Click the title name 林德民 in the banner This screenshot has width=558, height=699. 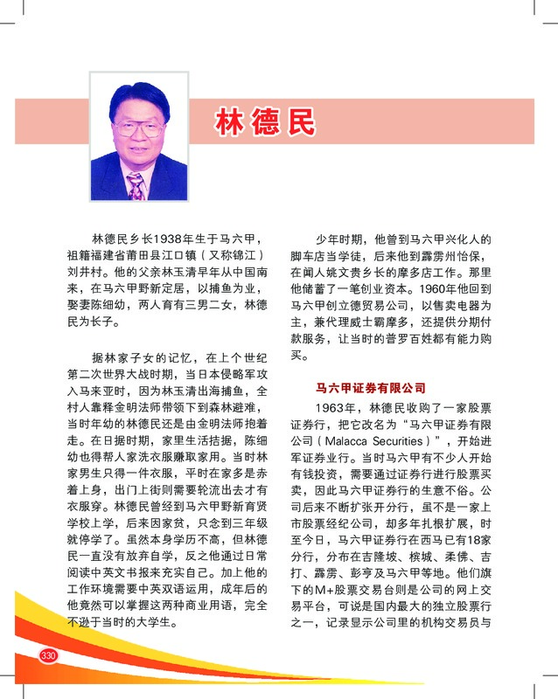pos(265,122)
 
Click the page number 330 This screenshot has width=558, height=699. pos(48,655)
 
